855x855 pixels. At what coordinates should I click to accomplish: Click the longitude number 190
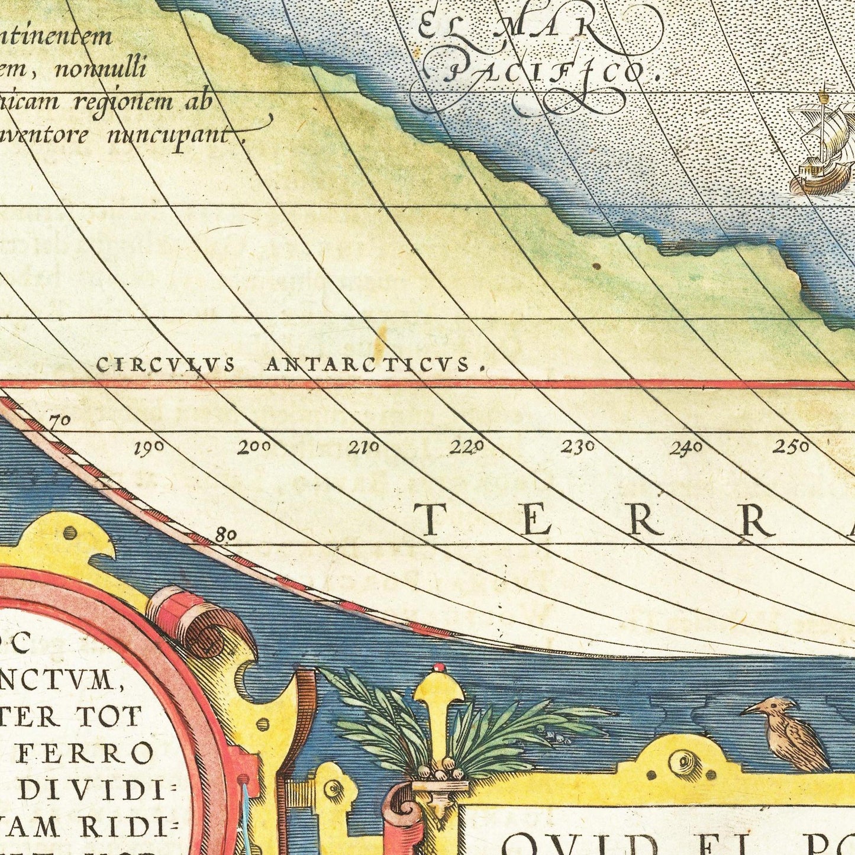[149, 449]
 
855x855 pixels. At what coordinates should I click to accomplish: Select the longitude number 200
[254, 448]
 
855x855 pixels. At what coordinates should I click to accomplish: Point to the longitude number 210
[363, 448]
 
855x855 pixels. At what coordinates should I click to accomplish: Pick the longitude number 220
[467, 447]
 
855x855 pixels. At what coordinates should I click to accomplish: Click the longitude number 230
[577, 447]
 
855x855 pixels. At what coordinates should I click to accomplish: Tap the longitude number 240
[686, 448]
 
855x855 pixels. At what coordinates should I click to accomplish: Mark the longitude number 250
[791, 447]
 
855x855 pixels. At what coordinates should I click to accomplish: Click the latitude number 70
[60, 421]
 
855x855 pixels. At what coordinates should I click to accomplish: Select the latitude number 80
[226, 536]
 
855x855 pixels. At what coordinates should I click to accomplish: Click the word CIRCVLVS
[166, 366]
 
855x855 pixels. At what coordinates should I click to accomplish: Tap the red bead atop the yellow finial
[438, 667]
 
